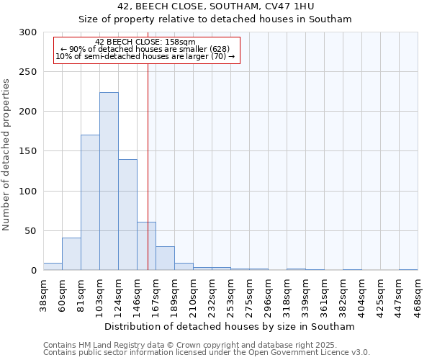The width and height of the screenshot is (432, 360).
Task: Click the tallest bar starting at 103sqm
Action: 109,181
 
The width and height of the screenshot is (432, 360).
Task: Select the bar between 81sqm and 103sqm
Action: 90,202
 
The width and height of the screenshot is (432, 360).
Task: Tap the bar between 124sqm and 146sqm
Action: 127,215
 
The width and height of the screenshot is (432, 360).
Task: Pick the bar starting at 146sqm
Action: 146,246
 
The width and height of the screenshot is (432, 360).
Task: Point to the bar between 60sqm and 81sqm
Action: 71,254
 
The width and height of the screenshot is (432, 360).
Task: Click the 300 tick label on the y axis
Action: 28,32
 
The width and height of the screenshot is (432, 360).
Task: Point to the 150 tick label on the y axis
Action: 28,151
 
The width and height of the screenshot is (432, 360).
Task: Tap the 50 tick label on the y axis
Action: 31,231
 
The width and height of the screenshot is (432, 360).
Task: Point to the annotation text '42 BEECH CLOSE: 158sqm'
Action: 145,42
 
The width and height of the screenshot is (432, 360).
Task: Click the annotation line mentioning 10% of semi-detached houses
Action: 145,56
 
